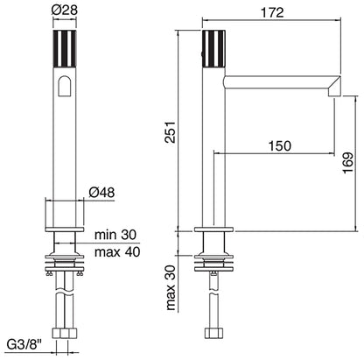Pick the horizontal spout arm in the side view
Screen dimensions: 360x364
[x=276, y=82]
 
